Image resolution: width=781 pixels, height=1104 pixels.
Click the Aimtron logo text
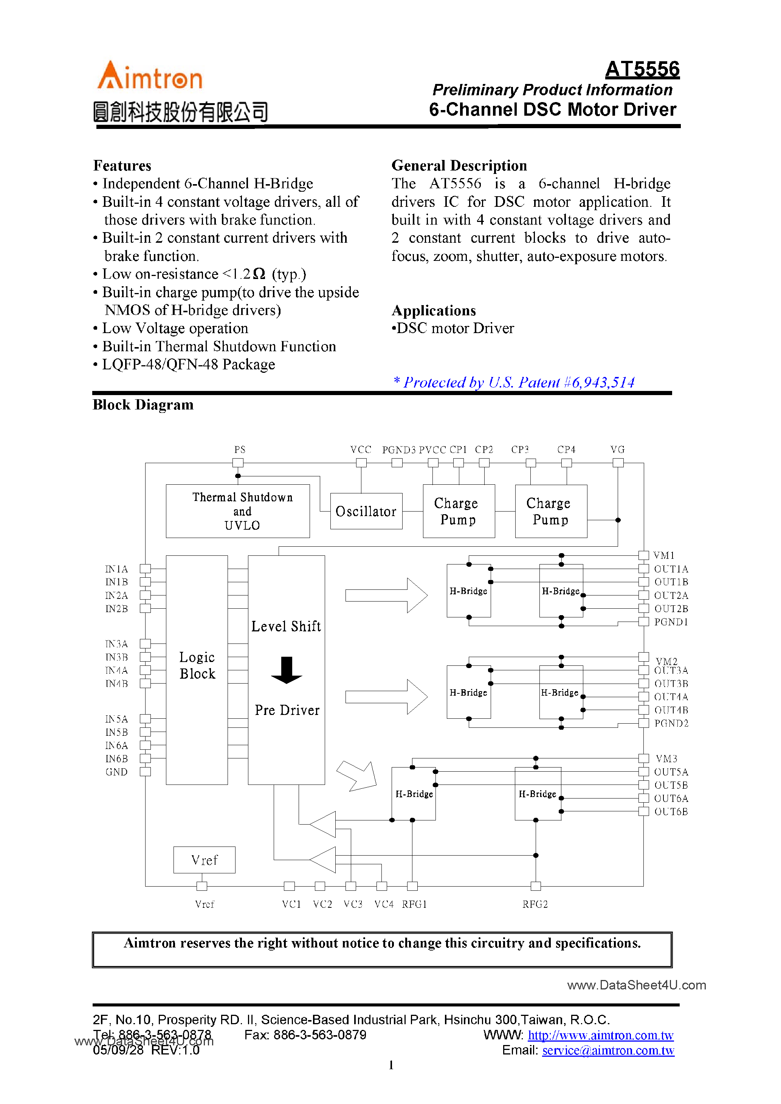click(150, 77)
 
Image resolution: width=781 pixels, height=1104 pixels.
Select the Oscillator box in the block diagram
click(366, 511)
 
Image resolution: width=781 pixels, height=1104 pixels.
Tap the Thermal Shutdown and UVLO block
click(237, 511)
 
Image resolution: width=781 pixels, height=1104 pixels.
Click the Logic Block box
click(197, 665)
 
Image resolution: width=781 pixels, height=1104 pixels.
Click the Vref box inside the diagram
click(205, 860)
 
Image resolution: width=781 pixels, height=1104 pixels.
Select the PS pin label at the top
click(240, 450)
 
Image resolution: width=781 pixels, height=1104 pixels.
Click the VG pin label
click(617, 450)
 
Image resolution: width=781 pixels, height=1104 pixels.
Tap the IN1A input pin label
click(116, 569)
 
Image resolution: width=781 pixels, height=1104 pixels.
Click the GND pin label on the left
click(116, 772)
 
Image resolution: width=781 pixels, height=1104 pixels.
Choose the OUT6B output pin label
click(671, 812)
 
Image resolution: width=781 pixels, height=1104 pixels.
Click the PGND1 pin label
click(671, 622)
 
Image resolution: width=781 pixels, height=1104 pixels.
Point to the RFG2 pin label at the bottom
click(535, 904)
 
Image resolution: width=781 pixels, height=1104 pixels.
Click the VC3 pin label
click(353, 904)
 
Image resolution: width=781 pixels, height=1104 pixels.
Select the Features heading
click(122, 165)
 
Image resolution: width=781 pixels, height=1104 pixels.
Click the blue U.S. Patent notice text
click(514, 382)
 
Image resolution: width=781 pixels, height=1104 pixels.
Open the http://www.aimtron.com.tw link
click(600, 1035)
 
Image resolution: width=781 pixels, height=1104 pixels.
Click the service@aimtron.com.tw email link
click(608, 1050)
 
